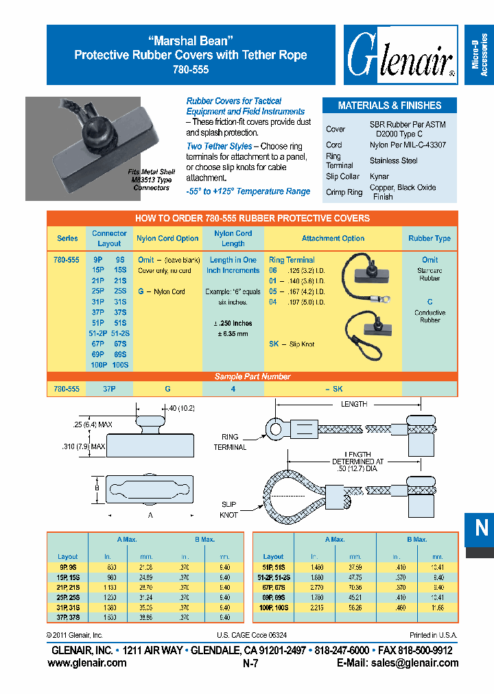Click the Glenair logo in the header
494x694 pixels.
coord(400,55)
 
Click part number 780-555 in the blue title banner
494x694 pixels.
coord(190,69)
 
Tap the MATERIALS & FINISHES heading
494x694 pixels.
coord(389,106)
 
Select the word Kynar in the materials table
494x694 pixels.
coord(379,176)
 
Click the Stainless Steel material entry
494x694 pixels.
coord(394,160)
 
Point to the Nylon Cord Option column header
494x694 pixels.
coord(167,239)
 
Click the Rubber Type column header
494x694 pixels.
coord(430,239)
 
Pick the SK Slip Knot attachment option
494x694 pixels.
coord(292,344)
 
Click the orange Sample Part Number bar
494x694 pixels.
coord(252,376)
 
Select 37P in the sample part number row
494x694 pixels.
coord(108,389)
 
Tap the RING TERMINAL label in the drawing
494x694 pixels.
coord(234,442)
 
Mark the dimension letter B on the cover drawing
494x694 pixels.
coord(97,488)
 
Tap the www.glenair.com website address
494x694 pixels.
coord(86,662)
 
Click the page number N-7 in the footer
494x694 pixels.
coord(250,663)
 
